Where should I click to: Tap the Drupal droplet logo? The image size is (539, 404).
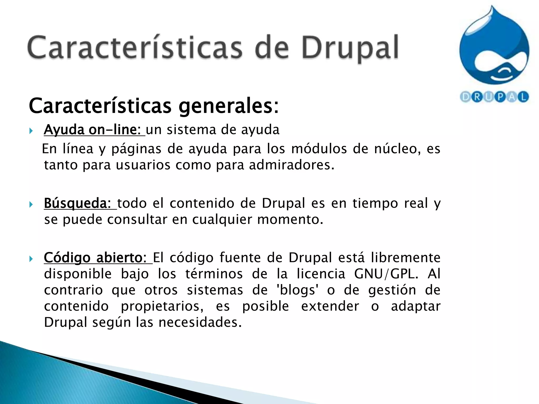[x=494, y=50]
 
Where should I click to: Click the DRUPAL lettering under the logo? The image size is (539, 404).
[x=494, y=97]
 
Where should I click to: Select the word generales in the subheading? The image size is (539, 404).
[x=228, y=106]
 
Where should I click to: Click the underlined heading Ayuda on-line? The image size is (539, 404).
[x=94, y=130]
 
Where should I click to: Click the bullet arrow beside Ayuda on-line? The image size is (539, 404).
[x=31, y=130]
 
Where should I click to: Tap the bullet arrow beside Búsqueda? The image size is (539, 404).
[x=31, y=204]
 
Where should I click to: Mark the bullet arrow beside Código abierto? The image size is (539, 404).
[x=31, y=259]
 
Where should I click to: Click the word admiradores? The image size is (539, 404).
[x=291, y=165]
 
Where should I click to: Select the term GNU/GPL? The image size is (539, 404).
[x=386, y=274]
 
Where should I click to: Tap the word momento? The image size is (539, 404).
[x=290, y=219]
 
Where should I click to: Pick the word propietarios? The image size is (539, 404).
[x=162, y=306]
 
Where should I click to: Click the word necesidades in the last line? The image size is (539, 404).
[x=200, y=322]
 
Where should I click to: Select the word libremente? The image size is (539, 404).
[x=406, y=257]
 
